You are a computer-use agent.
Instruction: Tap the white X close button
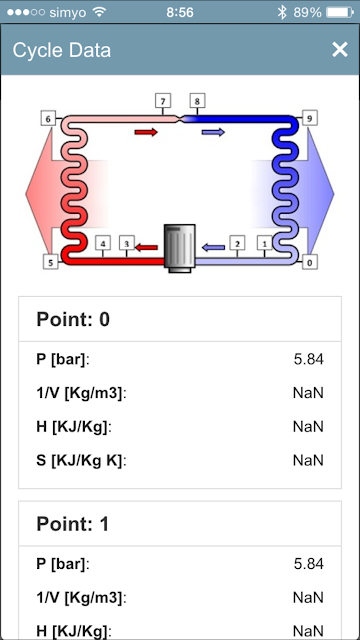[339, 50]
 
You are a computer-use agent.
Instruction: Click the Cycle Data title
[62, 50]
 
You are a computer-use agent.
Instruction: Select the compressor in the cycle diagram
[180, 248]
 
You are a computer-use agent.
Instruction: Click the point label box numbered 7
[163, 100]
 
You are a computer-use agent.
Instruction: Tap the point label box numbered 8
[197, 100]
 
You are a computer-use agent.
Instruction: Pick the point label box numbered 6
[48, 119]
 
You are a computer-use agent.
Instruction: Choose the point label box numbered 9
[309, 118]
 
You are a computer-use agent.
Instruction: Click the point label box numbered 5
[51, 262]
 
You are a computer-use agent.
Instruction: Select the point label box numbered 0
[309, 262]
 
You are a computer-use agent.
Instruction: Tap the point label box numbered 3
[127, 243]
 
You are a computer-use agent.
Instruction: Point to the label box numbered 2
[237, 243]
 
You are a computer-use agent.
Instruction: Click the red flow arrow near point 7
[146, 132]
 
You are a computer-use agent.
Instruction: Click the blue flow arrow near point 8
[213, 132]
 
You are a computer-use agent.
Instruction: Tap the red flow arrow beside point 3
[146, 247]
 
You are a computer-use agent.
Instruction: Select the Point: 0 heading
[73, 319]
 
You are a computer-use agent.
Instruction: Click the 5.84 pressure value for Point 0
[309, 360]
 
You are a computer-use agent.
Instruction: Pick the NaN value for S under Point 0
[308, 460]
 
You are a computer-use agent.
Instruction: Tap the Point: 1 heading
[73, 524]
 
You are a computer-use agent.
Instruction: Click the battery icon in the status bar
[340, 12]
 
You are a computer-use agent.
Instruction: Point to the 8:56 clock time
[180, 12]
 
